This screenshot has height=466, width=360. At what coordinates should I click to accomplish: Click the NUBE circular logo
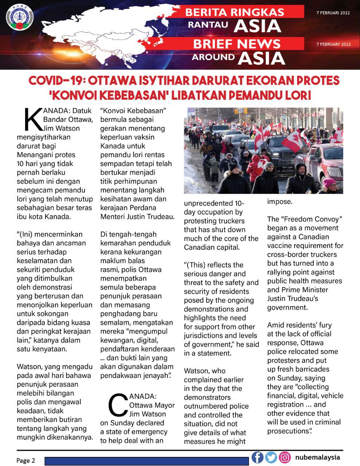pos(20,17)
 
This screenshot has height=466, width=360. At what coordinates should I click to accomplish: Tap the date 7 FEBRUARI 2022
pos(333,13)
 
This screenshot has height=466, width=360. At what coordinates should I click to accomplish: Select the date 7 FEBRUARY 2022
pos(333,44)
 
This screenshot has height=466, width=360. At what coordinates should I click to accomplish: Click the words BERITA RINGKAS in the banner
pos(234,12)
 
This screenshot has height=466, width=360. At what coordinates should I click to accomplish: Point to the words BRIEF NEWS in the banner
pos(237,44)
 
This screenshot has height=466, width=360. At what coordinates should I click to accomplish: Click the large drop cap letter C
pos(118,405)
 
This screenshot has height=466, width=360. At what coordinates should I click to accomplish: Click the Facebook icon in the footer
pos(257,457)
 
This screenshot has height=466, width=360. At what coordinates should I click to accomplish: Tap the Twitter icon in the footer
pos(271,457)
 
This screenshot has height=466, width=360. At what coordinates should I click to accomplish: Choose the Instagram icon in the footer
pos(285,457)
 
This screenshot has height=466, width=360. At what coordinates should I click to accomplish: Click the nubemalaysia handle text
pos(317,457)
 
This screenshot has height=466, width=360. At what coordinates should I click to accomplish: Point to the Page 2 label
pos(25,461)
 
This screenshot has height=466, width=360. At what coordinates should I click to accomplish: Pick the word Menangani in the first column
pos(35,155)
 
